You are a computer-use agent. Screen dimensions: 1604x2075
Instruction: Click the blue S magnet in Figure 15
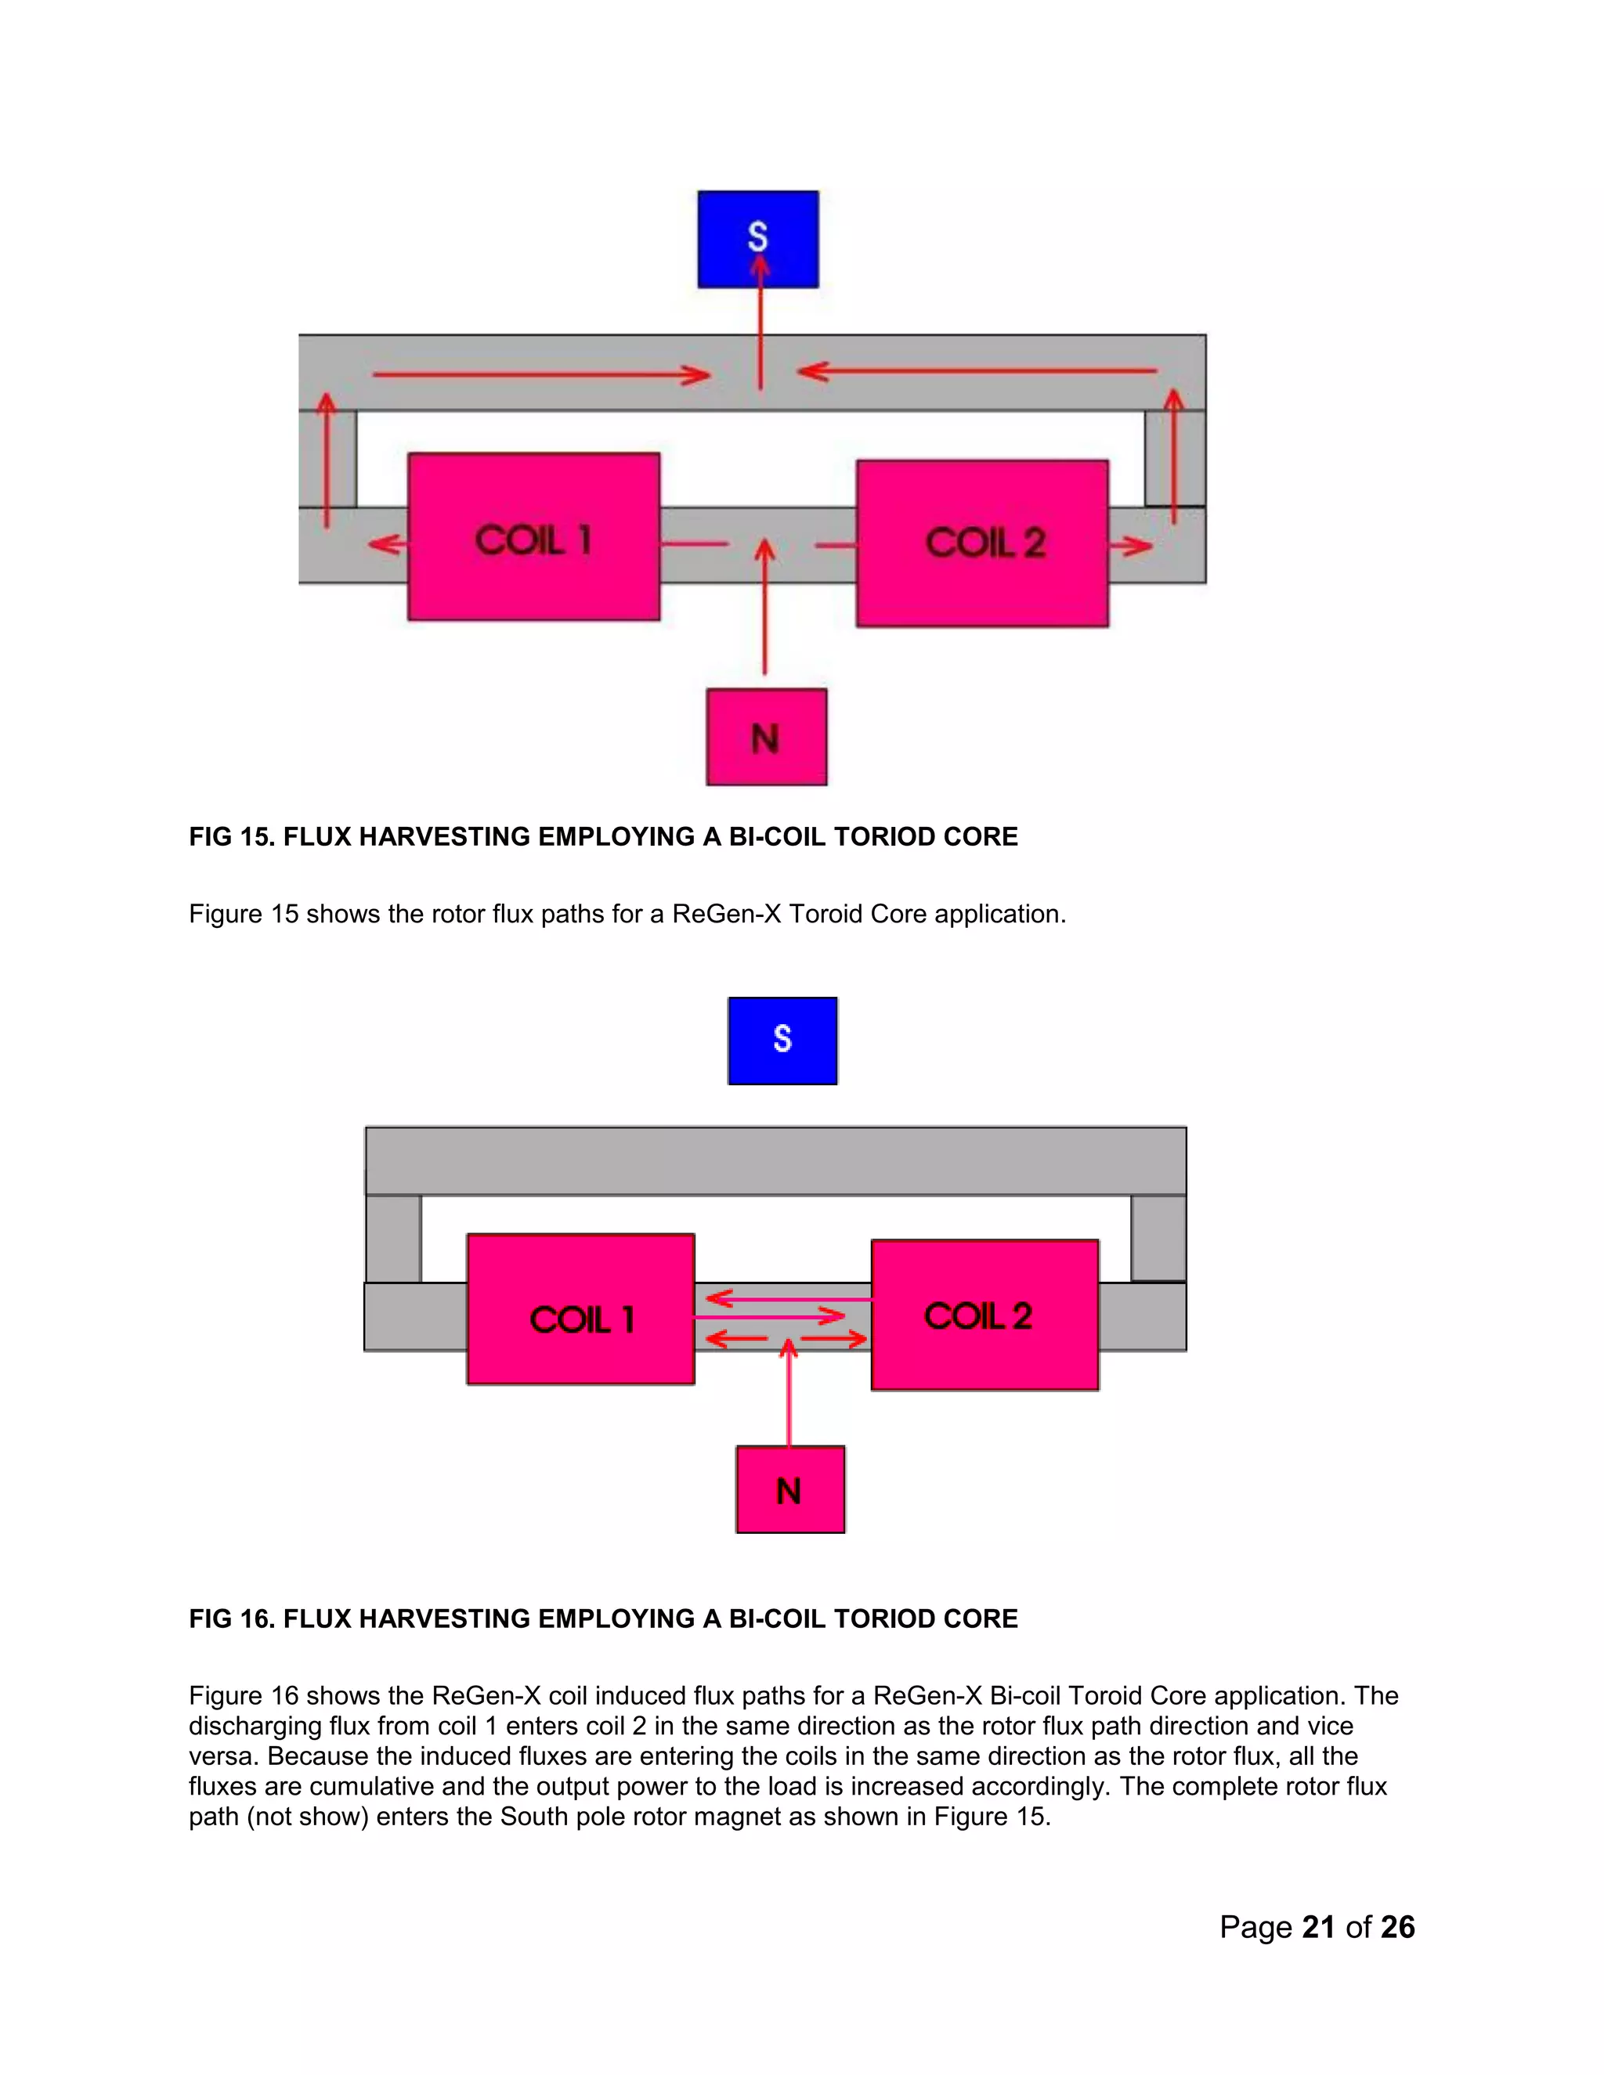[757, 240]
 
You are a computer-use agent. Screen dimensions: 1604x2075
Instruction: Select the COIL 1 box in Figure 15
[533, 537]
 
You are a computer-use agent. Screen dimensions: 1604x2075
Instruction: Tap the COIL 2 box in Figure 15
[981, 543]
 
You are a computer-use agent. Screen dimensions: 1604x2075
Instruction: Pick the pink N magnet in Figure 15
[766, 738]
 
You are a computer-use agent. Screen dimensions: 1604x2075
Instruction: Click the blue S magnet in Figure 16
[782, 1041]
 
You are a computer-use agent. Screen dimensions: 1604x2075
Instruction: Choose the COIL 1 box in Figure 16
[580, 1309]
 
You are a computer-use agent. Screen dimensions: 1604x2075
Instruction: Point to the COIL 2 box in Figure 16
[984, 1315]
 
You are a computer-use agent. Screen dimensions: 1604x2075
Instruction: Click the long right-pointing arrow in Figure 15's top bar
[542, 374]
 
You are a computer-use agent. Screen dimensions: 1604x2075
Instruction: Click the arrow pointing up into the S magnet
[760, 323]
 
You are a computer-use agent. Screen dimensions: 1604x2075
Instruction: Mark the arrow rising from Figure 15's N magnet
[765, 608]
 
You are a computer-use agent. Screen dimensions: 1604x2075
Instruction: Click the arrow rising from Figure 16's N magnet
[789, 1393]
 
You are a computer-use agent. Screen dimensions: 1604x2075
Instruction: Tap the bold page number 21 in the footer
[1318, 1927]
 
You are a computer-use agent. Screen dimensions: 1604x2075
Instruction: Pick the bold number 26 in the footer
[1397, 1927]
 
